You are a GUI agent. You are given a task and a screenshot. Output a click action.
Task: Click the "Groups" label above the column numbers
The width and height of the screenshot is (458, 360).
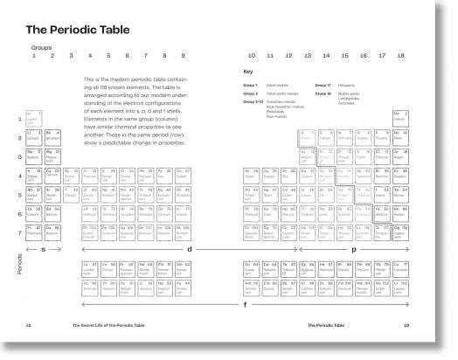tap(41, 48)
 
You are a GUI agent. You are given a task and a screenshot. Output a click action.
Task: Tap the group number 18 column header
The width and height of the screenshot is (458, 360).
tap(400, 56)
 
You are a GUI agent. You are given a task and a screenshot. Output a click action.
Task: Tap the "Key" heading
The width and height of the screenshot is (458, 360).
tap(248, 71)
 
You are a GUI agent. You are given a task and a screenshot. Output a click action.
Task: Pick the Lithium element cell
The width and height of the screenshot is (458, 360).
tap(34, 136)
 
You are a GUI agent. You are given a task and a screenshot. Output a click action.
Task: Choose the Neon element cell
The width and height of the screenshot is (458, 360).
tap(400, 136)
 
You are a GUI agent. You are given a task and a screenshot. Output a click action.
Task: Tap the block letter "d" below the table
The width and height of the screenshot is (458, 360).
tap(188, 249)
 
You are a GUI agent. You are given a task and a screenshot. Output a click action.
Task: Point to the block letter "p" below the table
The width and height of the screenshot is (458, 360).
tap(352, 249)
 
